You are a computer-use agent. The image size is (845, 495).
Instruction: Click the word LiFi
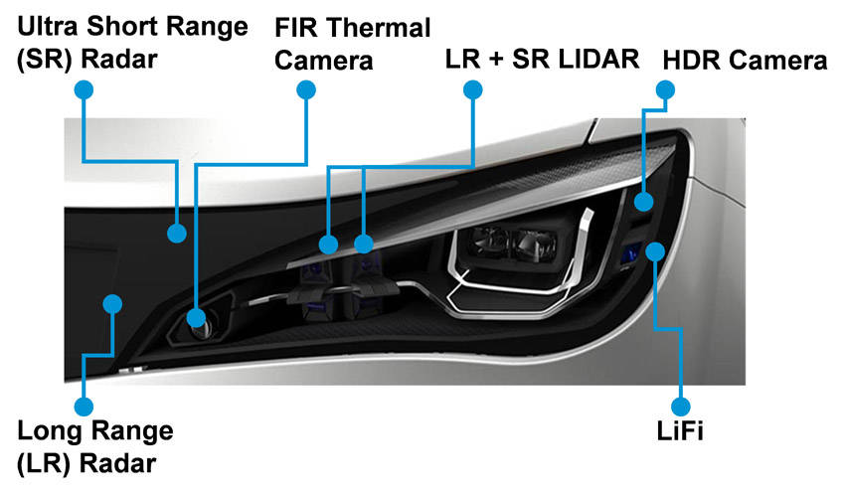click(680, 431)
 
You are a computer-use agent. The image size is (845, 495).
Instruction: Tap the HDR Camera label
click(745, 61)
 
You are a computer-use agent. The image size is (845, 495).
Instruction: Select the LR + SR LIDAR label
click(542, 59)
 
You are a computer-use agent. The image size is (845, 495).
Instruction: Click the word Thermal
click(378, 28)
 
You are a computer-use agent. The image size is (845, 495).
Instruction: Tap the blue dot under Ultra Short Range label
click(84, 89)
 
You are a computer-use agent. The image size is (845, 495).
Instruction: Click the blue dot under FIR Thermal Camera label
click(306, 89)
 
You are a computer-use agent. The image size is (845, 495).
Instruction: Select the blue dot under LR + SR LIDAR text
click(472, 89)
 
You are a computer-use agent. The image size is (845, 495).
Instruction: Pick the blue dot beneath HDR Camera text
click(665, 89)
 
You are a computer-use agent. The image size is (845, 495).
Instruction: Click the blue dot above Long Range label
click(84, 407)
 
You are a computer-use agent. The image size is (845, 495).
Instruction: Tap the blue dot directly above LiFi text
click(681, 407)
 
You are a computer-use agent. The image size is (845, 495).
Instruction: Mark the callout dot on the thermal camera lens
click(196, 318)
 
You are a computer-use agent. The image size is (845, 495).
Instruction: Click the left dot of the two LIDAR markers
click(328, 245)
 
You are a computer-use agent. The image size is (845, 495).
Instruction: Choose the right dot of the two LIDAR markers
click(364, 244)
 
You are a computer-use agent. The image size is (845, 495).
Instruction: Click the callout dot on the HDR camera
click(643, 202)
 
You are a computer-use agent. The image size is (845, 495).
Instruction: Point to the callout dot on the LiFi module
click(655, 251)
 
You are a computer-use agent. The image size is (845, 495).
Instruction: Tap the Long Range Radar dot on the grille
click(112, 304)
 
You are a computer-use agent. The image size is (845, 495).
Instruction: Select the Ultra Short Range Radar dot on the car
click(177, 234)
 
